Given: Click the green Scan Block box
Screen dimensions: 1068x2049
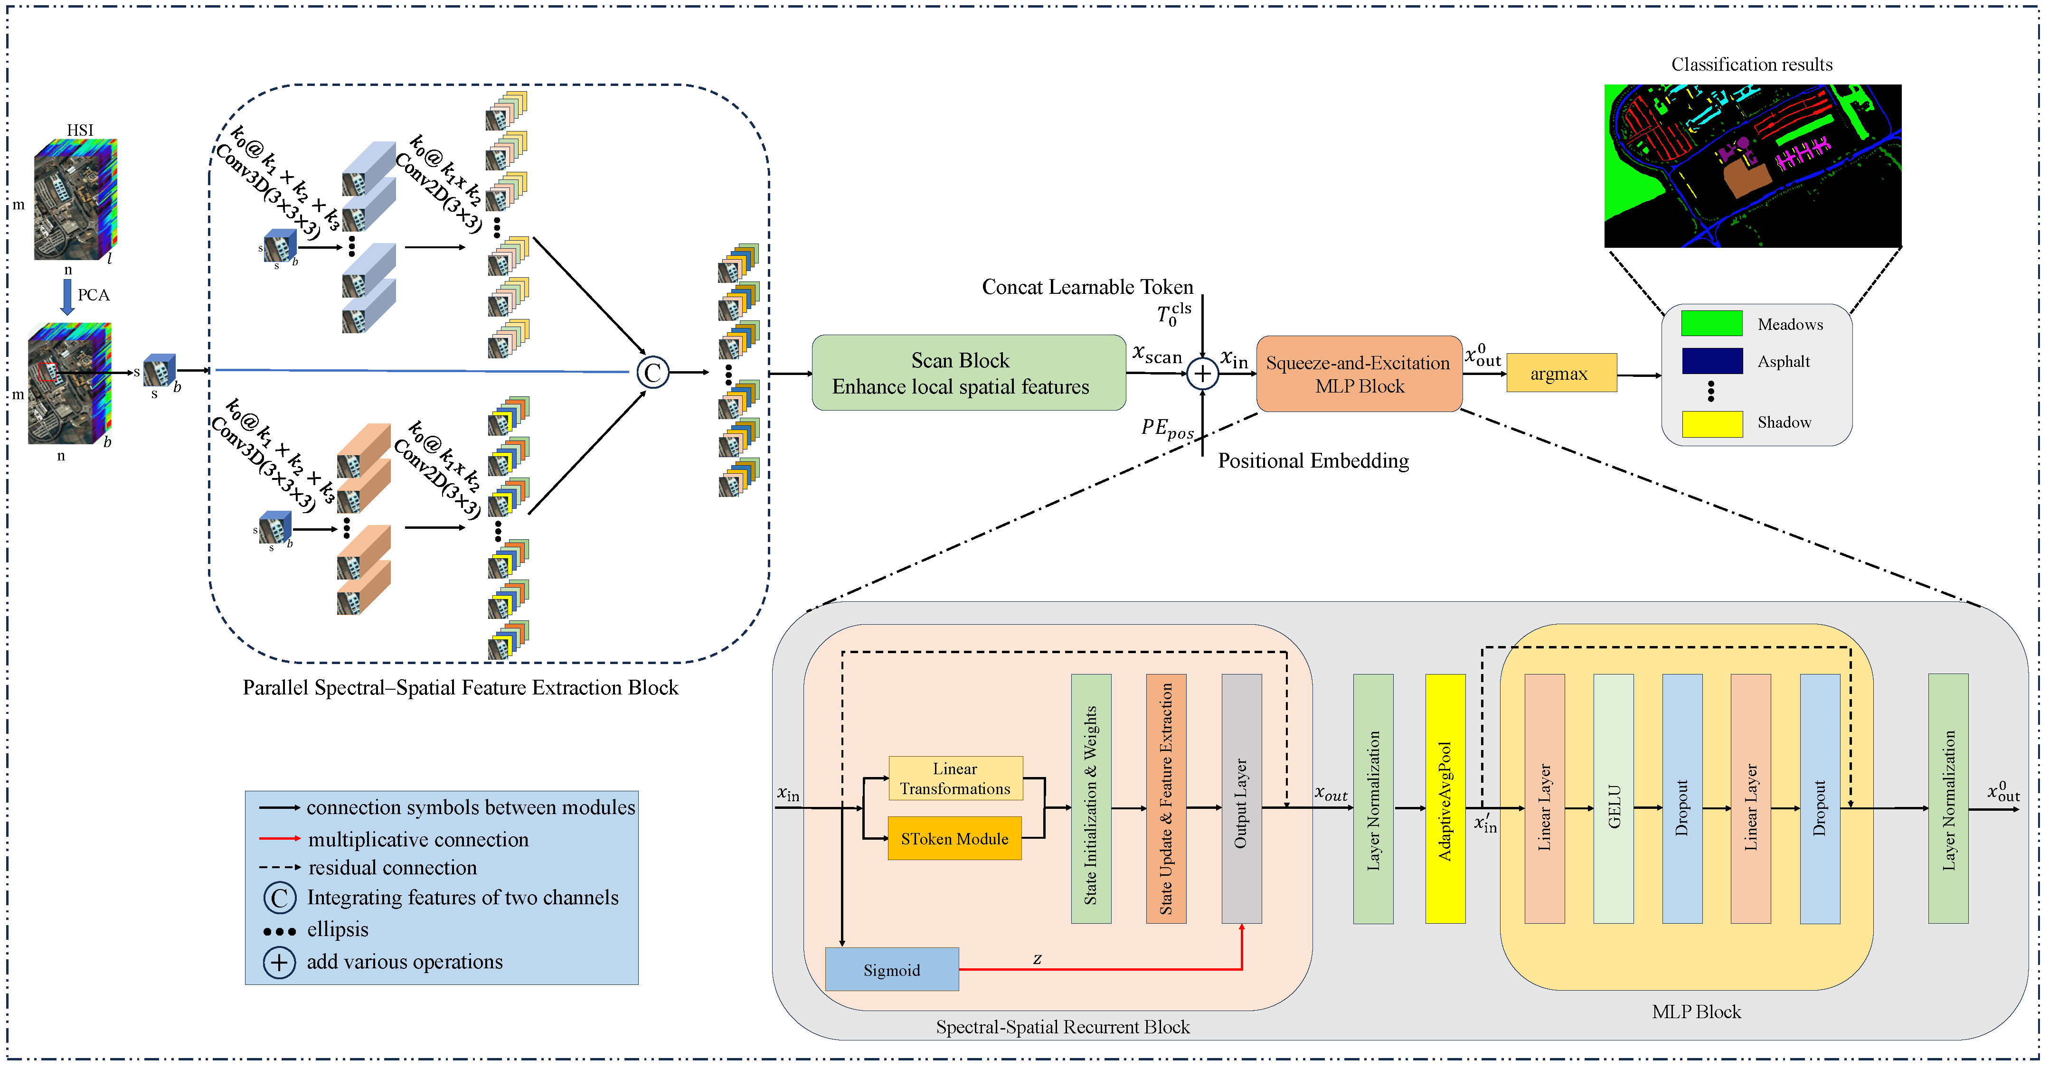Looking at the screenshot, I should (x=968, y=373).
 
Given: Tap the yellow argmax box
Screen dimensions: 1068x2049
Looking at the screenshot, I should (x=1561, y=373).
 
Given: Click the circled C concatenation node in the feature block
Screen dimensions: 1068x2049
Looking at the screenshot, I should (x=652, y=372).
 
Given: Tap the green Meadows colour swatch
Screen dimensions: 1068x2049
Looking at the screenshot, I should (x=1711, y=324).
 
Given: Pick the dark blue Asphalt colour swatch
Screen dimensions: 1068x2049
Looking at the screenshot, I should (x=1711, y=361).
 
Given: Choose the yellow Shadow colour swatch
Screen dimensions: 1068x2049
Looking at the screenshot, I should (x=1711, y=423).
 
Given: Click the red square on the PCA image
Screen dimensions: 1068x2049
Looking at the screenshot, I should (x=47, y=371).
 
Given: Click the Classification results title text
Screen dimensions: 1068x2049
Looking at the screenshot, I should (x=1752, y=65).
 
